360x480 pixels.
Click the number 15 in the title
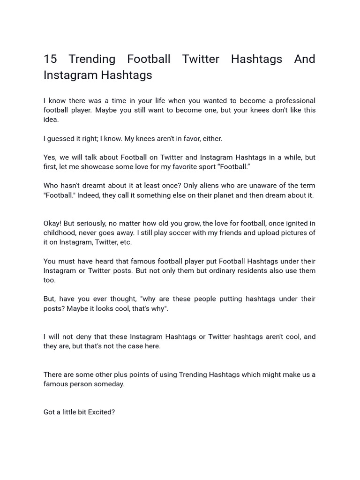click(x=50, y=60)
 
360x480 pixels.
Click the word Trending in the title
click(x=92, y=60)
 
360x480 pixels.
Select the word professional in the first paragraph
click(x=295, y=101)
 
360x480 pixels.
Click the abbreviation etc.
click(x=126, y=243)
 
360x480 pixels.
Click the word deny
click(x=81, y=337)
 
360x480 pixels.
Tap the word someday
click(x=112, y=384)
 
